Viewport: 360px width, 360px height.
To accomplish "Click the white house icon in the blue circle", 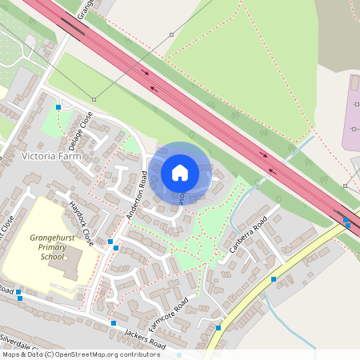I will (x=180, y=172).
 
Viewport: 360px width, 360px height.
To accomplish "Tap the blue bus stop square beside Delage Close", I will (x=58, y=107).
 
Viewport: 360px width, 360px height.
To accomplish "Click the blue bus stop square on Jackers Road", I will (x=114, y=322).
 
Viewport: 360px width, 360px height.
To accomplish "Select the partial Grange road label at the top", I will (x=86, y=8).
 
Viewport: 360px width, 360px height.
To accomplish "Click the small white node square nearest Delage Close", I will (x=94, y=99).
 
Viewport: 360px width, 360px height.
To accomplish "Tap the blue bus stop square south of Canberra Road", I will (x=274, y=279).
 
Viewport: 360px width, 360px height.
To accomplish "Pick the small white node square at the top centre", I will (x=171, y=34).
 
